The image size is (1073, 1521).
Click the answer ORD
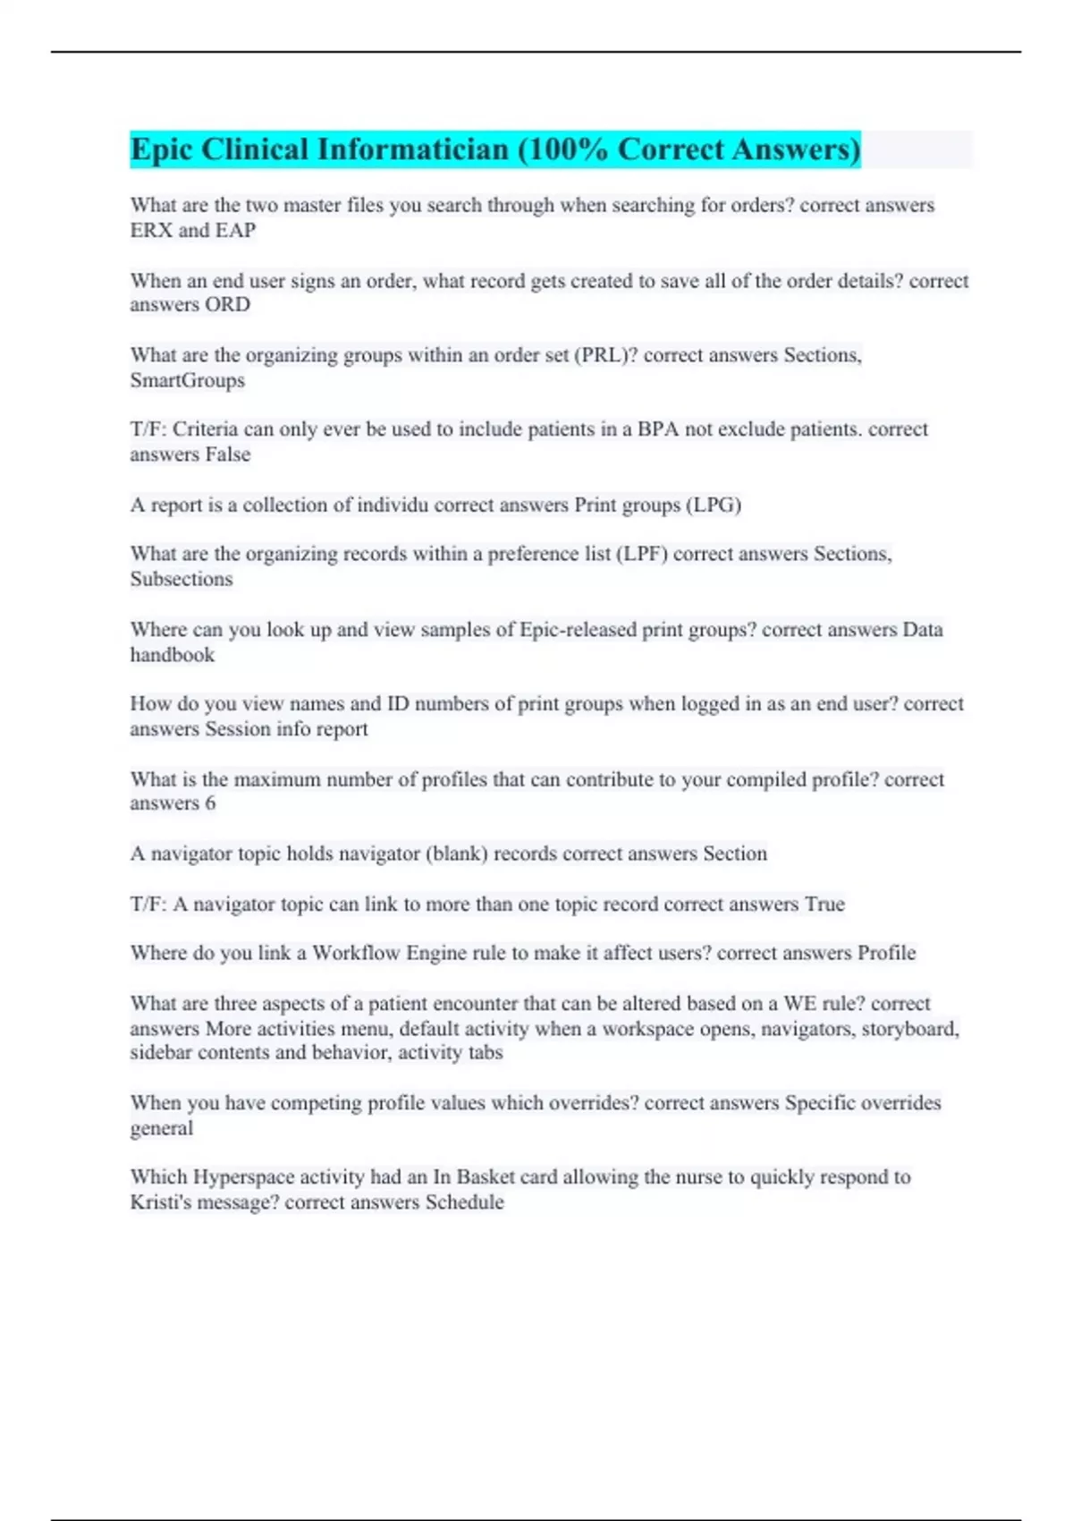tap(227, 304)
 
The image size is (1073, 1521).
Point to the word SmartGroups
tap(187, 380)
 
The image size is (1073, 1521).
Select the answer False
tap(227, 455)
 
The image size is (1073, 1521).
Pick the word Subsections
tap(182, 579)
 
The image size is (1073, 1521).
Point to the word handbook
tap(173, 655)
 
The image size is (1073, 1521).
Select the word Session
tap(238, 729)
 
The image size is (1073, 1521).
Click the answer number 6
tap(210, 803)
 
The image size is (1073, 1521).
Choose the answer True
tap(824, 904)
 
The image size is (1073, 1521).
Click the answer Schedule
tap(464, 1202)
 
